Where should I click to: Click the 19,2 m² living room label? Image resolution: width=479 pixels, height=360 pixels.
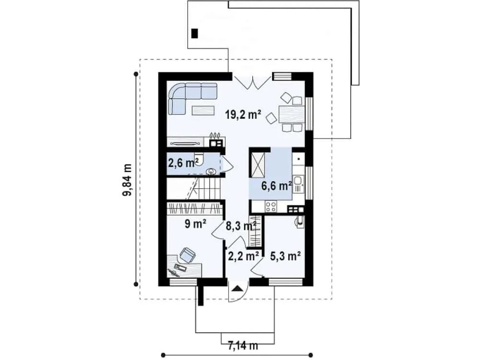tap(243, 115)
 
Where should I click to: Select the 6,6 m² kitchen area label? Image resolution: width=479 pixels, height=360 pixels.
tap(276, 186)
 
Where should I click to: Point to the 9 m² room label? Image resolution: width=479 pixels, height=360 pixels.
tap(195, 224)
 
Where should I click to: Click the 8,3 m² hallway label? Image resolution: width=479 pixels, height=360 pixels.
tap(241, 226)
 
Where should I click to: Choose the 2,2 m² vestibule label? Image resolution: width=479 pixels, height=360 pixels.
tap(244, 256)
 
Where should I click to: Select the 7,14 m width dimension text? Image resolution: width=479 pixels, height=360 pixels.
tap(243, 346)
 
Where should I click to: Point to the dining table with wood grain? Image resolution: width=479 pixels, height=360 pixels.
tap(291, 115)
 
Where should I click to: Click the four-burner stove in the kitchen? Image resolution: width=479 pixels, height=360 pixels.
tap(271, 206)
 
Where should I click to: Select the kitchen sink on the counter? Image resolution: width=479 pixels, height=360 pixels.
tap(298, 184)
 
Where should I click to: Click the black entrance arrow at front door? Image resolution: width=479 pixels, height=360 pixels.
tap(238, 289)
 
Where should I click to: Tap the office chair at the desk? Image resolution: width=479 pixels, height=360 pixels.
tap(187, 255)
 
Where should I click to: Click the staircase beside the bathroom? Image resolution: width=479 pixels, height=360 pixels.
tap(194, 189)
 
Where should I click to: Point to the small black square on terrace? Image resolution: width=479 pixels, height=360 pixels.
tap(194, 33)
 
